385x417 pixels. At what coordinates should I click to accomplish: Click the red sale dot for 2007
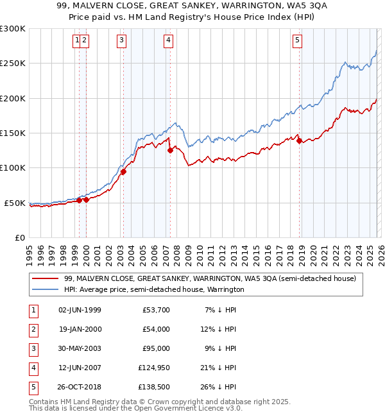point(170,151)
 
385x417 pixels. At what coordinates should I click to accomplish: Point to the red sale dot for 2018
point(299,141)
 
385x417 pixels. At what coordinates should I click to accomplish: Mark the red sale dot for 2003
point(123,171)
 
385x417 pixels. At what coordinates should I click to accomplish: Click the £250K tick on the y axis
point(13,64)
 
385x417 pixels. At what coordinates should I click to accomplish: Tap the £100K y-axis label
point(13,168)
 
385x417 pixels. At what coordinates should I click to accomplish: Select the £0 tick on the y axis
point(19,237)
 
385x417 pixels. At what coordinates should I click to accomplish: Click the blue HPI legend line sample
point(45,290)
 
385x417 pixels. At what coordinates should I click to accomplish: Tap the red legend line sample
point(45,278)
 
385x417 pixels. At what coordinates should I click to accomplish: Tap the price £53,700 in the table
point(154,311)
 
